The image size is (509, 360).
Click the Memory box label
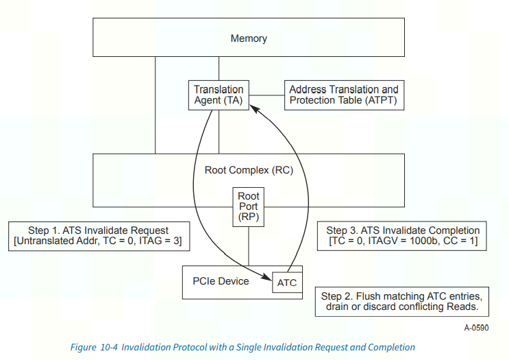click(248, 38)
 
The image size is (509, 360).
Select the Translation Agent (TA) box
click(218, 95)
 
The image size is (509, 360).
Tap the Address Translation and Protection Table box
click(343, 95)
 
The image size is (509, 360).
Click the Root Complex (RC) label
click(248, 169)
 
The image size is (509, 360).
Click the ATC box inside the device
click(286, 283)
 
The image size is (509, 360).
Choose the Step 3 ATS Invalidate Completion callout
click(402, 236)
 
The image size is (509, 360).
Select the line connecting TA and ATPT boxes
click(266, 95)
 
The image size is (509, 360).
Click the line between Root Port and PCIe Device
click(248, 245)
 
